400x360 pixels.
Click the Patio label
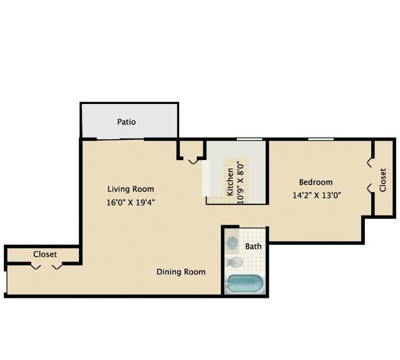[x=126, y=122]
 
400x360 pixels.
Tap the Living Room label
[x=130, y=189]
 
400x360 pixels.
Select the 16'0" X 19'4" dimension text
[x=130, y=202]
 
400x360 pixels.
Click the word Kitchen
[x=230, y=182]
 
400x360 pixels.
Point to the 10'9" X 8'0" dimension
[x=240, y=183]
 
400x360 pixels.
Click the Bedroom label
[x=316, y=182]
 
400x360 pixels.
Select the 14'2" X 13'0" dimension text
[x=317, y=196]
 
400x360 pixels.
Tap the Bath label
[x=254, y=247]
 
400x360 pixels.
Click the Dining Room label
[x=181, y=272]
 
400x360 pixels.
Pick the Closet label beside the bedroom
[x=383, y=180]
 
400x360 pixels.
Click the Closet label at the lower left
[x=45, y=254]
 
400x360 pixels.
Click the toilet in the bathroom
[x=234, y=262]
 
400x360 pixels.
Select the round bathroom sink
[x=232, y=242]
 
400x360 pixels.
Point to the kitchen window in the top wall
[x=249, y=139]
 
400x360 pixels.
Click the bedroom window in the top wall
[x=321, y=139]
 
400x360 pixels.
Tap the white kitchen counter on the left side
[x=207, y=178]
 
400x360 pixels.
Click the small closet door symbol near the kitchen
[x=193, y=161]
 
